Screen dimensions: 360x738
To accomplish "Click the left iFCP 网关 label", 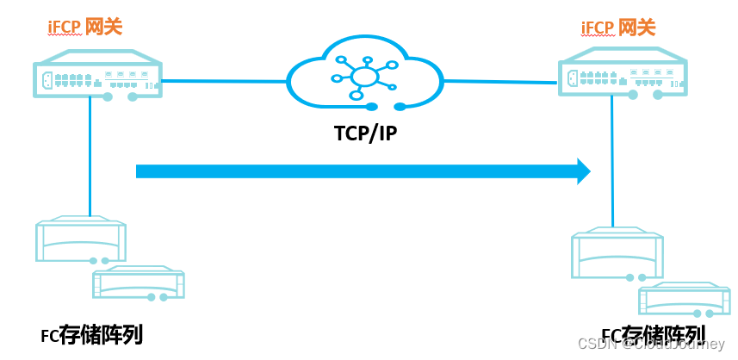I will pyautogui.click(x=84, y=27).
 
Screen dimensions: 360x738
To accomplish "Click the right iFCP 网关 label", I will pyautogui.click(x=619, y=27).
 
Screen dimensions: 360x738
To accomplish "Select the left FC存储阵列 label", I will pyautogui.click(x=91, y=334).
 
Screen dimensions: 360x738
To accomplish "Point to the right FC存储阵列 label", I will pyautogui.click(x=653, y=334).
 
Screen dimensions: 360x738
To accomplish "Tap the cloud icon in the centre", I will pyautogui.click(x=365, y=76).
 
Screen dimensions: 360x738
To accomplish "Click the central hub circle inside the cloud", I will pyautogui.click(x=365, y=78).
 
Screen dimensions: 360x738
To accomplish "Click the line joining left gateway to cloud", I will pyautogui.click(x=224, y=82).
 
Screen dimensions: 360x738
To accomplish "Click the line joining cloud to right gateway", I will pyautogui.click(x=499, y=82).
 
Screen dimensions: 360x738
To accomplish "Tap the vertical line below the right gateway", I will pyautogui.click(x=612, y=164).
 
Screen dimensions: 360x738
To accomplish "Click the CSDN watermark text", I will pyautogui.click(x=654, y=344).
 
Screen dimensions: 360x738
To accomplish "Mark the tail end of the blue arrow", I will pyautogui.click(x=140, y=171).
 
